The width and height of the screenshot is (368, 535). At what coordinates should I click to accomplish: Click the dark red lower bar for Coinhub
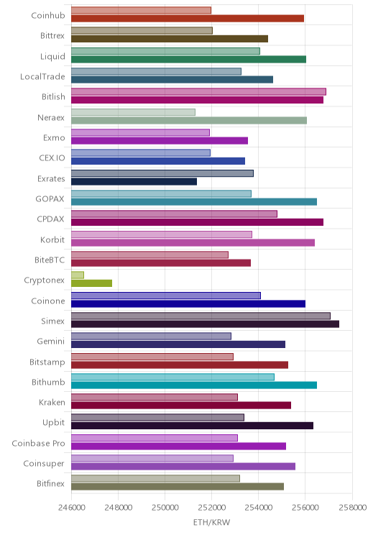point(188,19)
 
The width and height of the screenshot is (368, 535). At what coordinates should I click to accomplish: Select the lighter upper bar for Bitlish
point(198,92)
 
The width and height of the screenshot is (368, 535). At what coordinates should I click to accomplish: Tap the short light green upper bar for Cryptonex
point(78,275)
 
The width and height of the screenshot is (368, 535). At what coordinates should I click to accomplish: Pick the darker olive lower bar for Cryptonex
point(91,283)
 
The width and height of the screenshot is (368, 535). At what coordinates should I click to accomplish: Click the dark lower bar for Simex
point(205,324)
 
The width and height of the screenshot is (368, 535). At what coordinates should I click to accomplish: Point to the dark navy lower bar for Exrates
point(134,181)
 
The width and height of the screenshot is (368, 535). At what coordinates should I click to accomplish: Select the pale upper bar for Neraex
point(134,112)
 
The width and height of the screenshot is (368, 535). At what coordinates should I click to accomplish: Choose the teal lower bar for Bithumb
point(194,385)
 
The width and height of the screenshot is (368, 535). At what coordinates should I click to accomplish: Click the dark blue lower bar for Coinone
point(188,303)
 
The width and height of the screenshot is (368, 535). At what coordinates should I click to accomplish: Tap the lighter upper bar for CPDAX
point(174,214)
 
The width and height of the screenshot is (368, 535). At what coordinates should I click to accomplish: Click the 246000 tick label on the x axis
point(71,508)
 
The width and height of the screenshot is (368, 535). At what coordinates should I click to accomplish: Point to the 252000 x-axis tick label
point(211,508)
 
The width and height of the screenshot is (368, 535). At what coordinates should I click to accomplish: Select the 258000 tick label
point(352,508)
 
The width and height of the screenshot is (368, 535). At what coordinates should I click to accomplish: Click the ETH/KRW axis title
point(212,522)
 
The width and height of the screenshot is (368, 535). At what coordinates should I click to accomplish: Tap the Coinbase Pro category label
point(38,443)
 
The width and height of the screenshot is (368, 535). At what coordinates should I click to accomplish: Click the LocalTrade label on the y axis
point(42,76)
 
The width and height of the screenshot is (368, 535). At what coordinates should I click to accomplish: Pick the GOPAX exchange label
point(50,199)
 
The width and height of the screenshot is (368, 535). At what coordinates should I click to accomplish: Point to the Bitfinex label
point(50,483)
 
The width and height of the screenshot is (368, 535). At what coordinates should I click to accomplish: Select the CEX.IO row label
point(52,158)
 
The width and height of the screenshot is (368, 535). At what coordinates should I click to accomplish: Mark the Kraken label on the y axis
point(52,402)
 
